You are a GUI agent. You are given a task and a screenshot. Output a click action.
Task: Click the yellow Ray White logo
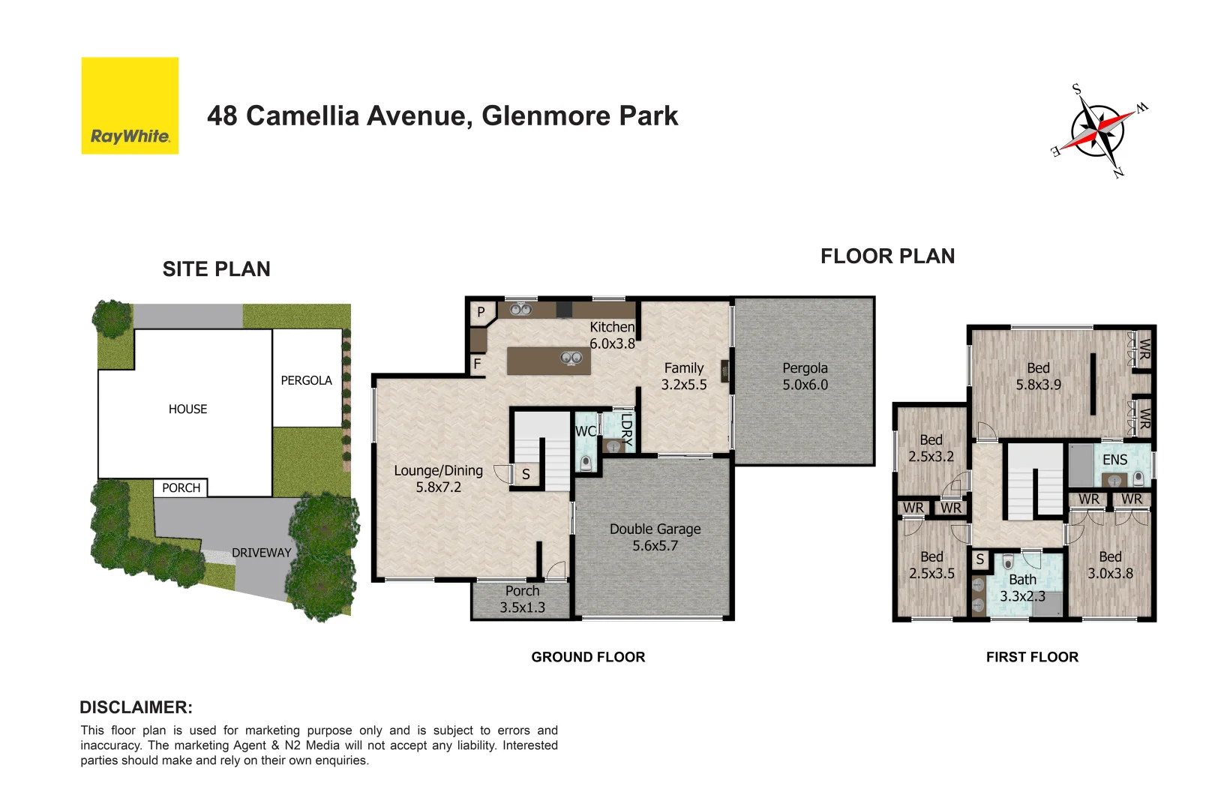tap(130, 106)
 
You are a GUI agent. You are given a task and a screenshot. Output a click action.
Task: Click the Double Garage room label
tap(655, 537)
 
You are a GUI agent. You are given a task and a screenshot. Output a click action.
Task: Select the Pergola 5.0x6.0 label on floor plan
tap(805, 376)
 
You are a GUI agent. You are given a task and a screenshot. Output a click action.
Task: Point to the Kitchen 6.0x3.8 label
tap(612, 335)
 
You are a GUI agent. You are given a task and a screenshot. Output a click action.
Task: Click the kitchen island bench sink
tap(571, 358)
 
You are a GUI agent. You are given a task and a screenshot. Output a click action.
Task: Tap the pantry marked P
tap(481, 312)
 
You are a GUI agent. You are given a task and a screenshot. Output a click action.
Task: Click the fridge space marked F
tap(477, 364)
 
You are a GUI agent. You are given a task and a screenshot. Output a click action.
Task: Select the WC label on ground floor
tap(585, 431)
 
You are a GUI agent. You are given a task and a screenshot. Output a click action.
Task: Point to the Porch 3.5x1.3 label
tap(522, 599)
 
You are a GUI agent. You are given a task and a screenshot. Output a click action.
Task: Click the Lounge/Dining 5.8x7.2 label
tap(439, 478)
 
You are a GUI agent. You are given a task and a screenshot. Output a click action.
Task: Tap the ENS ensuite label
tap(1114, 460)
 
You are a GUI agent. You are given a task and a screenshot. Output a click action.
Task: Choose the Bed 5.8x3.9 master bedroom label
tap(1038, 376)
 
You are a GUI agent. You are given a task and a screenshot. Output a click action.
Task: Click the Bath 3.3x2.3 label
tap(1021, 588)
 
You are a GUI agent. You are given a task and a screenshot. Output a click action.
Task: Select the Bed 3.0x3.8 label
tap(1110, 565)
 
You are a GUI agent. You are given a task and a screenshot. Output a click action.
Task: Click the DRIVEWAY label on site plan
tap(261, 553)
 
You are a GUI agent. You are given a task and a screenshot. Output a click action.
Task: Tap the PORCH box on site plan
tap(181, 487)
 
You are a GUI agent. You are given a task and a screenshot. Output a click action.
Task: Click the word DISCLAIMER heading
tap(136, 707)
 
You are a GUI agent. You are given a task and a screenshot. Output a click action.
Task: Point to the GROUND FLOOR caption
tap(588, 657)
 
